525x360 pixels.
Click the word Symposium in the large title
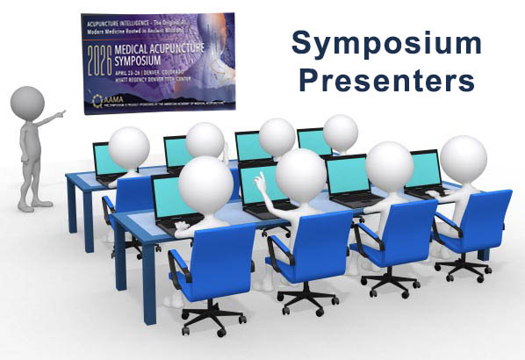click(387, 42)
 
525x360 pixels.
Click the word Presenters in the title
click(387, 82)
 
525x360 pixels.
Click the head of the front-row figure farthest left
click(205, 177)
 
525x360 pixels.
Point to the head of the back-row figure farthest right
click(340, 133)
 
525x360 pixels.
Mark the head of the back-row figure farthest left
click(130, 146)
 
